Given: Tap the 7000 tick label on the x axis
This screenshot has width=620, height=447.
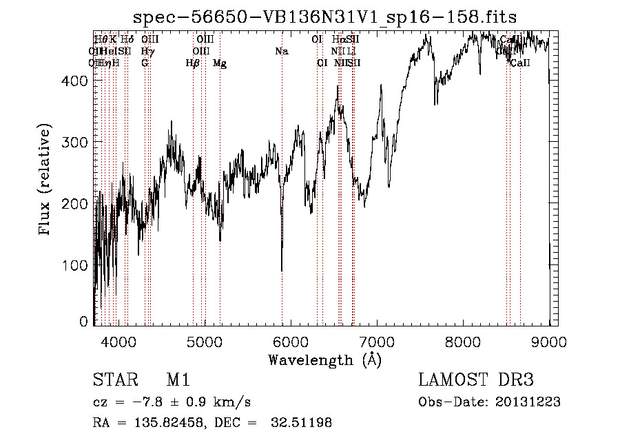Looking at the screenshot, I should point(377,340).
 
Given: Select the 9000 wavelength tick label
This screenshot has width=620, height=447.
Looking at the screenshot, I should point(550,340).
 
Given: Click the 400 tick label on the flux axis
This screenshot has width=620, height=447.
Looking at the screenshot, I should point(76,81).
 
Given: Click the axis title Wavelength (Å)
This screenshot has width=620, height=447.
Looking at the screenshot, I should point(324,360).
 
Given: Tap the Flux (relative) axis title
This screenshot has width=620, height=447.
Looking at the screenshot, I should point(46,180).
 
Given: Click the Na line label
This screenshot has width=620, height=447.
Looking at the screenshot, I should point(281,51).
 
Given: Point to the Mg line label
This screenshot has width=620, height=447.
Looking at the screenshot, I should point(220,63).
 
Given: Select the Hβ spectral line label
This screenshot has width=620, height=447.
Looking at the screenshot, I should point(193,63).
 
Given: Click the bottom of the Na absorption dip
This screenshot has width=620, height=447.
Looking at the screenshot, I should point(282,271).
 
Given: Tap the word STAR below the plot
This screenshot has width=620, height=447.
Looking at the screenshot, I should point(111,380).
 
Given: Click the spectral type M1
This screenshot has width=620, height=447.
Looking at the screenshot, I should point(178,380).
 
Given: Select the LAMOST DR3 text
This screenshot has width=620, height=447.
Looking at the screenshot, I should point(475,380).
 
